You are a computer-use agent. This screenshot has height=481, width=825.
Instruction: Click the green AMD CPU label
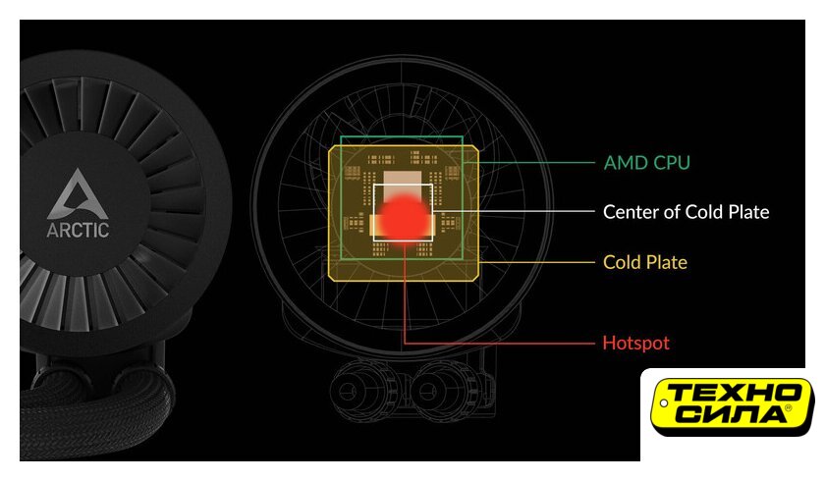[646, 162]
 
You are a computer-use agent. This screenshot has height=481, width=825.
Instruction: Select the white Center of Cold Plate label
[686, 212]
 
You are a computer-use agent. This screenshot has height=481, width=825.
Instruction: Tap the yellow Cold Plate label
[645, 262]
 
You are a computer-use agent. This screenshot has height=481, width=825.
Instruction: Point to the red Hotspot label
[635, 343]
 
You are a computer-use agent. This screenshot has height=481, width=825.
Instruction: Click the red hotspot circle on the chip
[404, 217]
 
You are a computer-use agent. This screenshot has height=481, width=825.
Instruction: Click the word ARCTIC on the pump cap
[78, 230]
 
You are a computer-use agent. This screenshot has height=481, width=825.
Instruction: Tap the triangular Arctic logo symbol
[78, 193]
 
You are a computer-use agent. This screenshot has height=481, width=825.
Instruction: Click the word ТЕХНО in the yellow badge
[733, 392]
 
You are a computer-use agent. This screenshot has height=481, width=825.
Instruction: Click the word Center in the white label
[631, 212]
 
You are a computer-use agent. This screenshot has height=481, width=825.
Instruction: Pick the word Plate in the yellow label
[667, 262]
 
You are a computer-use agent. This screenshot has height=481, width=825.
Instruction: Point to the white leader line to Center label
[513, 211]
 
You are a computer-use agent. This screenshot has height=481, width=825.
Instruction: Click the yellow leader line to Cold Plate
[536, 262]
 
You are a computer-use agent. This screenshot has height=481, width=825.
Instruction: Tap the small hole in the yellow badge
[664, 403]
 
